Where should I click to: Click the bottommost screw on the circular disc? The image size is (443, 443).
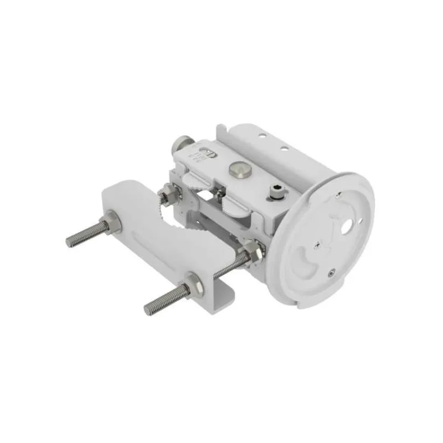tap(331, 271)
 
